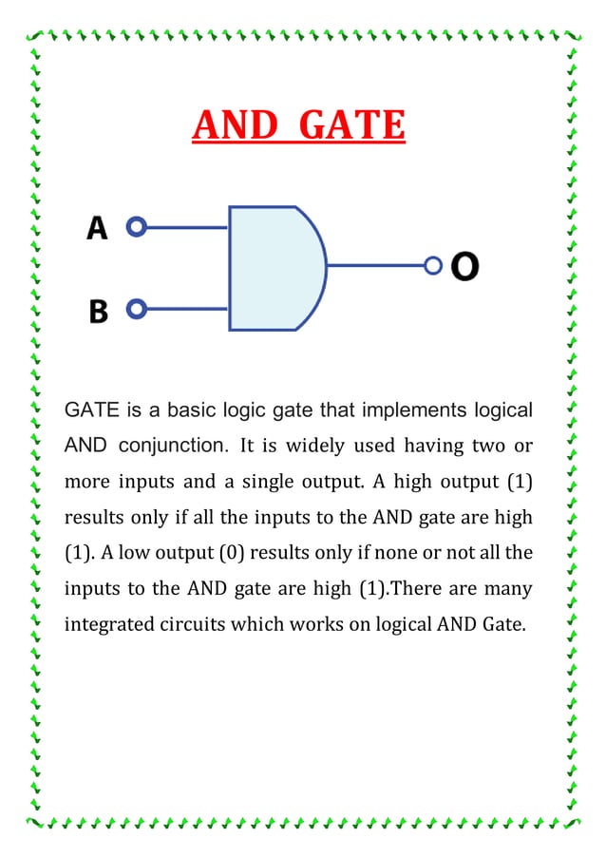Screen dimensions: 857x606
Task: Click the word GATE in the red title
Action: (351, 125)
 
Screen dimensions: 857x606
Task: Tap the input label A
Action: (99, 228)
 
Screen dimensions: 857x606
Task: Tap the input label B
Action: (99, 311)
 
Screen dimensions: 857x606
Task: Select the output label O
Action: (464, 266)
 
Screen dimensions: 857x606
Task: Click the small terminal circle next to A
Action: (138, 228)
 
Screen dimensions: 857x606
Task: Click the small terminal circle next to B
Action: (138, 310)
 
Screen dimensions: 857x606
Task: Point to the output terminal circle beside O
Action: (433, 266)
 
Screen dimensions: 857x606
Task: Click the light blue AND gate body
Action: (271, 268)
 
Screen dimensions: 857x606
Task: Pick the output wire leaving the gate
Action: (376, 266)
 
